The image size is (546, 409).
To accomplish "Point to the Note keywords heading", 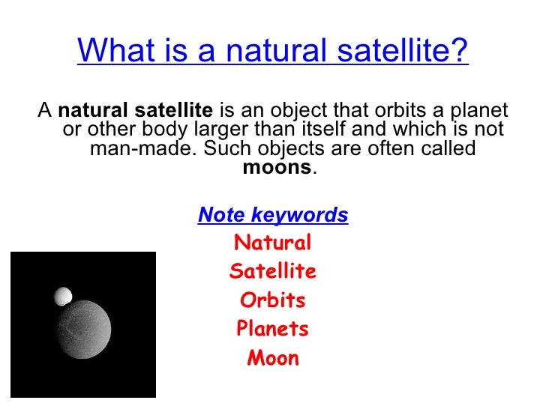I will (x=273, y=216).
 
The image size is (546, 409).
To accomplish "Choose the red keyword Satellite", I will (x=273, y=272).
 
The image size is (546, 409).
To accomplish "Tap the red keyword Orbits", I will (x=273, y=300).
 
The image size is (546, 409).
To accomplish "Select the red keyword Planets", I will (x=273, y=329).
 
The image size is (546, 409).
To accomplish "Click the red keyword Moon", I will (x=273, y=358).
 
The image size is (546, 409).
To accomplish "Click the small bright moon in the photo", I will (x=63, y=297).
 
